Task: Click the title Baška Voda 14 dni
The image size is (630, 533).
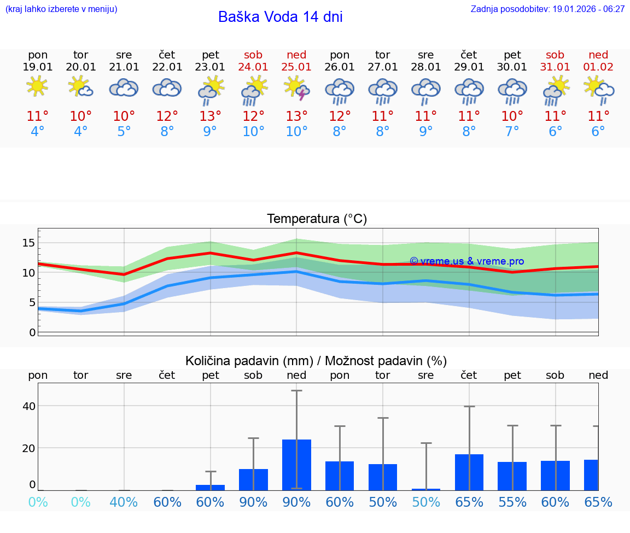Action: pyautogui.click(x=280, y=17)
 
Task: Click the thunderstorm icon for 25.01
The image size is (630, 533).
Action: pyautogui.click(x=296, y=89)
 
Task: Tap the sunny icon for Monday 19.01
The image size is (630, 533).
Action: pyautogui.click(x=37, y=86)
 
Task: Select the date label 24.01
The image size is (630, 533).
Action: pyautogui.click(x=253, y=67)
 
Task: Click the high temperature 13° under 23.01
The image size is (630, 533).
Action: pyautogui.click(x=210, y=116)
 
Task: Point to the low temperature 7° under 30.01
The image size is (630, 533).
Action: pyautogui.click(x=512, y=132)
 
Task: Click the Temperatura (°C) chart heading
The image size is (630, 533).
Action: pyautogui.click(x=317, y=219)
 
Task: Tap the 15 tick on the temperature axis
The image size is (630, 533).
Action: pyautogui.click(x=28, y=243)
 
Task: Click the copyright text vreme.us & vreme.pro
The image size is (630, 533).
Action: pyautogui.click(x=466, y=261)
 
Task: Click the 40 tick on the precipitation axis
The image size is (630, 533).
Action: pyautogui.click(x=28, y=406)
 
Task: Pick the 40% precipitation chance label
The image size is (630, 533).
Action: pyautogui.click(x=124, y=502)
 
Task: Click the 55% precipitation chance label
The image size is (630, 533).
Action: pyautogui.click(x=512, y=502)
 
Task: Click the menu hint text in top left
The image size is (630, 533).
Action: pyautogui.click(x=61, y=9)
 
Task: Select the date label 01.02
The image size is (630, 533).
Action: pyautogui.click(x=598, y=67)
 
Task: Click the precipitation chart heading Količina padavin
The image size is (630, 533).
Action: pyautogui.click(x=316, y=361)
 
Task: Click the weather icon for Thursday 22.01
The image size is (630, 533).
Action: pyautogui.click(x=167, y=87)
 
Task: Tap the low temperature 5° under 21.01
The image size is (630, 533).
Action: pyautogui.click(x=124, y=132)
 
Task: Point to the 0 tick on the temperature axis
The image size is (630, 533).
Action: pyautogui.click(x=32, y=332)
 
